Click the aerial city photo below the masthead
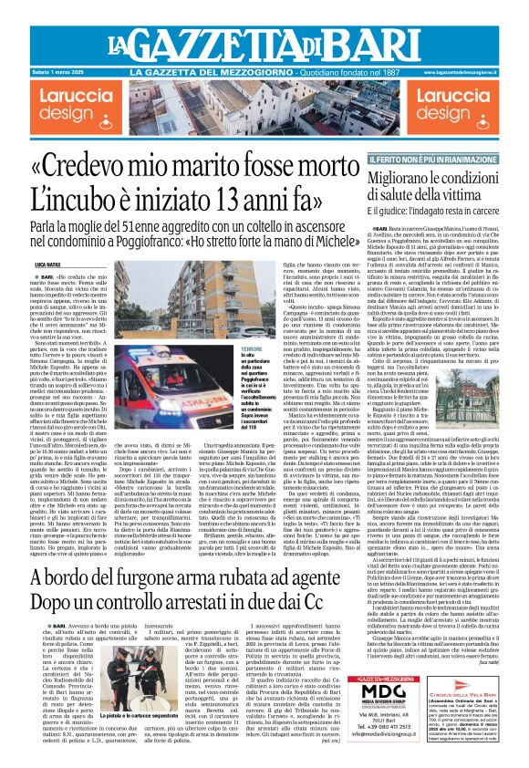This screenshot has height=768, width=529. (x=264, y=105)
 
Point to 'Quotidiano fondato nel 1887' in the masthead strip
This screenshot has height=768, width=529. (x=352, y=71)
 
